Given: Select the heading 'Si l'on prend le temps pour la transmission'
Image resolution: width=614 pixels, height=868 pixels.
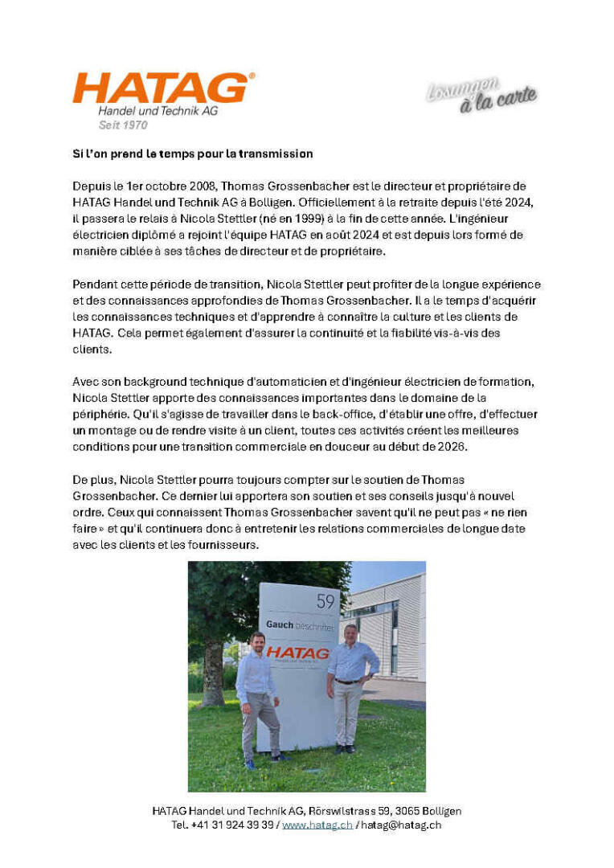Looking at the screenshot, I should (189, 154).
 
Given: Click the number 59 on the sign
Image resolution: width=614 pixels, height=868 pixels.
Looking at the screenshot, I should (325, 600).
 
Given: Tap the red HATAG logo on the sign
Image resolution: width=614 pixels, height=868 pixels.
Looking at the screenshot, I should (298, 653).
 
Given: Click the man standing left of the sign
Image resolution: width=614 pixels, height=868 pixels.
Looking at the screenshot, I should (257, 695).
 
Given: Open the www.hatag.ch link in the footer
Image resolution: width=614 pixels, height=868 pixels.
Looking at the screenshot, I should (317, 825).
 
